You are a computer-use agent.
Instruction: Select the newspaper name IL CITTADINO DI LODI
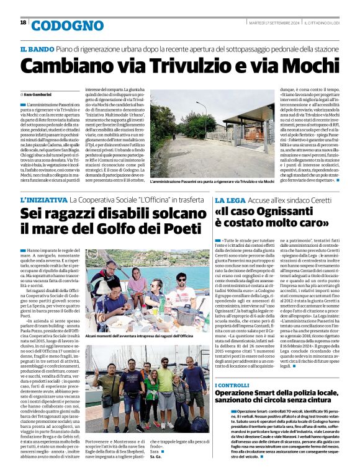pyautogui.click(x=322, y=23)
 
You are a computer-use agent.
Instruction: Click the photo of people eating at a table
pyautogui.click(x=145, y=289)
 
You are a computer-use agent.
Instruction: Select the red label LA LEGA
pyautogui.click(x=229, y=201)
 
